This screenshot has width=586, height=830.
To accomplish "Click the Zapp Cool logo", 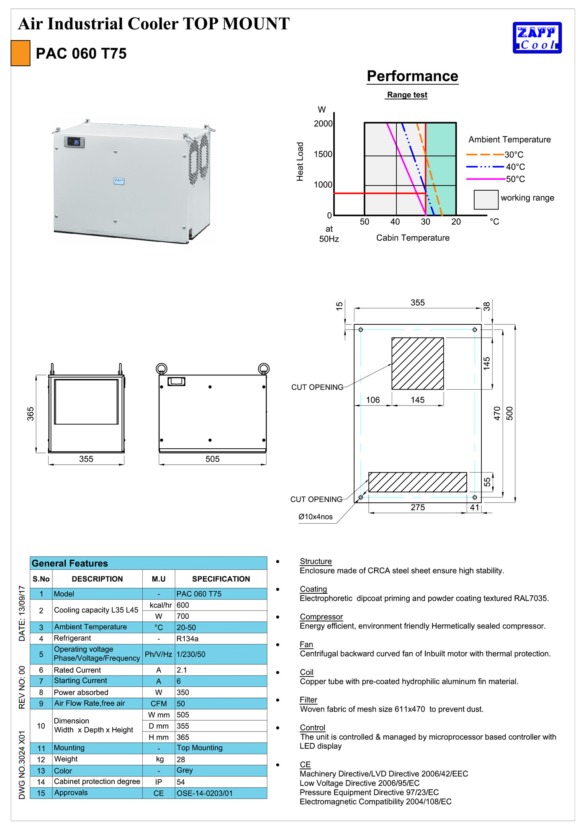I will [x=537, y=38].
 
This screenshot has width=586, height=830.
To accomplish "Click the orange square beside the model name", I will [x=21, y=53].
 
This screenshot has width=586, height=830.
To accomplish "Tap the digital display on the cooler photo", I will [x=75, y=142].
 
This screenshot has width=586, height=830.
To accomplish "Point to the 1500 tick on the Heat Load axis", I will [x=323, y=154].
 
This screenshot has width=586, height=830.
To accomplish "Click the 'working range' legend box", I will [x=486, y=199].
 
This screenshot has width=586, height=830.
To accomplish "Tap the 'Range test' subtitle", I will [x=407, y=95].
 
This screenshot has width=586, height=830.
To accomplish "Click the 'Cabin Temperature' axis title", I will [x=413, y=238].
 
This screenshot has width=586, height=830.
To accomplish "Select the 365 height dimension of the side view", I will [x=31, y=414].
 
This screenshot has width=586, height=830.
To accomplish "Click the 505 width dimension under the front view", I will [x=212, y=459].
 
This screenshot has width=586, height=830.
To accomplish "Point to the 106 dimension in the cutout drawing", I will [x=373, y=400].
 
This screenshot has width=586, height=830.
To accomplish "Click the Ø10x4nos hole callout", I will [x=316, y=517].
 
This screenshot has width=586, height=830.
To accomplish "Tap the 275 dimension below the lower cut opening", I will [x=417, y=507].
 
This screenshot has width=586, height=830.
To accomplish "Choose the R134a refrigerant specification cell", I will [x=188, y=639].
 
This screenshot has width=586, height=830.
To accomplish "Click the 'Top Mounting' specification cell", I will [x=200, y=748].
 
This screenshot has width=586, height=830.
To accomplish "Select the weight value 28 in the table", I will [x=181, y=759].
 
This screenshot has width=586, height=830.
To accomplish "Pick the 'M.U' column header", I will [x=159, y=579].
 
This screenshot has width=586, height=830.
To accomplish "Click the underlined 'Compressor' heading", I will [x=321, y=617].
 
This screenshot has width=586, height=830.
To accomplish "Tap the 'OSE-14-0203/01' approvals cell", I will [x=204, y=793].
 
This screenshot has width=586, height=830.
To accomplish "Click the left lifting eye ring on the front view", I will [x=161, y=369].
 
